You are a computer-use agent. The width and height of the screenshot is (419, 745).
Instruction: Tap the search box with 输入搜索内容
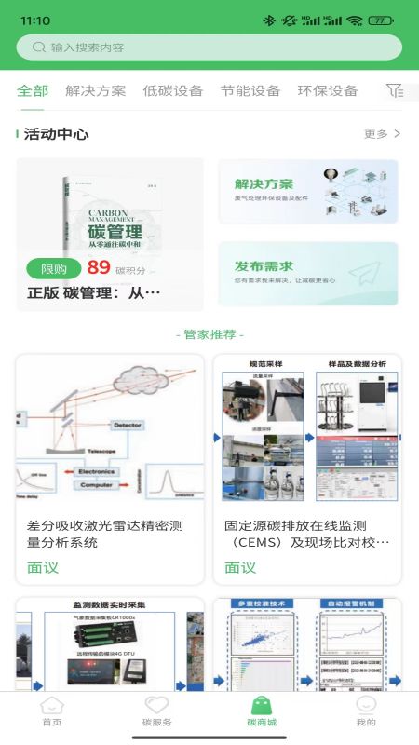tap(209, 47)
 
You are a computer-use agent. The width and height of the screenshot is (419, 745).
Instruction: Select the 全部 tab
tap(33, 90)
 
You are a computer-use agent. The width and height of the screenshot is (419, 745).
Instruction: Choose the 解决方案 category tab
tap(95, 90)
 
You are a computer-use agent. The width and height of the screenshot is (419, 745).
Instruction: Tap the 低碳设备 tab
tap(172, 90)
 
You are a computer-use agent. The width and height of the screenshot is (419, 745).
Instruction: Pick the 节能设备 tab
tap(250, 90)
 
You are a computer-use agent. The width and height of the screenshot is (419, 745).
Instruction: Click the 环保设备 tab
tap(327, 90)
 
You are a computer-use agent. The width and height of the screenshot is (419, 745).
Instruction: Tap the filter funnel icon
tap(395, 90)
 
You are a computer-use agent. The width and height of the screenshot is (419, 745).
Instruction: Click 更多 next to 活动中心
tap(382, 134)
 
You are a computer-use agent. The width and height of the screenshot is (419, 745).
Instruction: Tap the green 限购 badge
tap(54, 269)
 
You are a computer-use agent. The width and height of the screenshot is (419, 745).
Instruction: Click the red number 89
tap(99, 268)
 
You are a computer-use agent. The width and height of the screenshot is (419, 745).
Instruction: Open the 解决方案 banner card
tap(307, 191)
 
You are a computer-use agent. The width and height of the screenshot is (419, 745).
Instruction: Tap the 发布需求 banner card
tap(307, 273)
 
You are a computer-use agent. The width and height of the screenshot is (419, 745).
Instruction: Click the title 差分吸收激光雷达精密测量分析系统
tap(104, 534)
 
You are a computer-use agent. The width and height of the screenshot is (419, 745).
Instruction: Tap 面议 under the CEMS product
tap(240, 567)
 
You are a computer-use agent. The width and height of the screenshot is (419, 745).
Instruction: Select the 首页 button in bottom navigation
tap(52, 711)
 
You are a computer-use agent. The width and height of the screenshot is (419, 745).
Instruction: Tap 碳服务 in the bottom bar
tap(156, 711)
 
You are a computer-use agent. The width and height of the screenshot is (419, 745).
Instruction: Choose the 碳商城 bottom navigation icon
tap(262, 711)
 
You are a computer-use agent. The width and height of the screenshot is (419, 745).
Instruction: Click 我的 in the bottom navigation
tap(366, 711)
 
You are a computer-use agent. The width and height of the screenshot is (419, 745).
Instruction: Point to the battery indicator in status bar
tap(380, 20)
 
